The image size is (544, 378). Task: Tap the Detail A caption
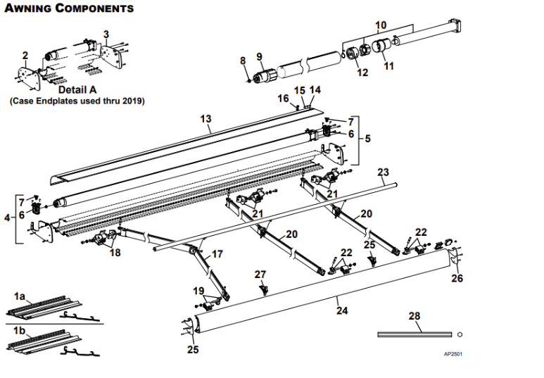pyautogui.click(x=77, y=89)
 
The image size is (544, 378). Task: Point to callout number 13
pyautogui.click(x=205, y=120)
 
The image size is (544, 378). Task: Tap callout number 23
pyautogui.click(x=383, y=172)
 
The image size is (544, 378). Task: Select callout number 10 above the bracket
pyautogui.click(x=380, y=25)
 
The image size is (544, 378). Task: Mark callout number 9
pyautogui.click(x=258, y=56)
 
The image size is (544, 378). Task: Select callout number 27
pyautogui.click(x=260, y=274)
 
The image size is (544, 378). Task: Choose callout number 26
pyautogui.click(x=457, y=277)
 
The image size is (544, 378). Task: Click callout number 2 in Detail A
pyautogui.click(x=25, y=55)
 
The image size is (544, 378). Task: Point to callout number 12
pyautogui.click(x=362, y=73)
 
